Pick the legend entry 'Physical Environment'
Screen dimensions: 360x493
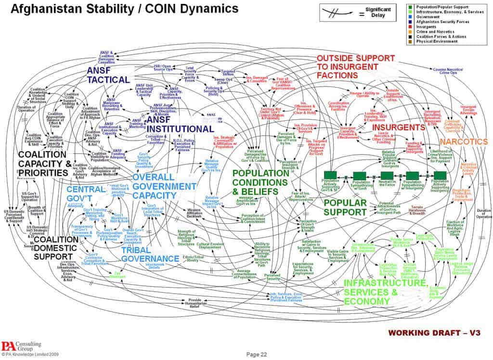point(437,41)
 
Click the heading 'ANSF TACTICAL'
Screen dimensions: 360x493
point(108,75)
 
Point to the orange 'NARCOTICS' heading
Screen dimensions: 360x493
point(464,142)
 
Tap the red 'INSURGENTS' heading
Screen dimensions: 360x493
point(398,128)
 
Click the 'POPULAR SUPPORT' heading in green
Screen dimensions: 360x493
point(346,208)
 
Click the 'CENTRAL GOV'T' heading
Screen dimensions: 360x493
point(86,193)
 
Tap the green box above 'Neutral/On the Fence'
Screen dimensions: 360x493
point(388,176)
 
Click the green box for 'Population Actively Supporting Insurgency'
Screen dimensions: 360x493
point(440,176)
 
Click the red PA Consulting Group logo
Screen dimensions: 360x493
point(9,346)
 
